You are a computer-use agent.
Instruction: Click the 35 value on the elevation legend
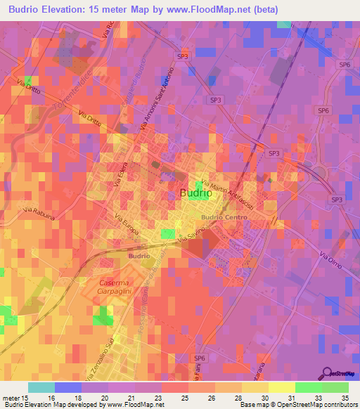pos(345,398)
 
